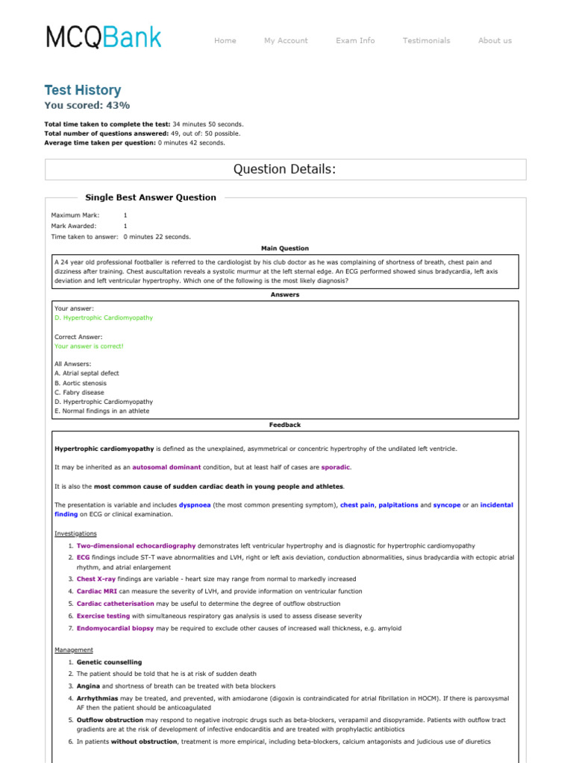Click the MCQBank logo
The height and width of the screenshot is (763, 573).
103,37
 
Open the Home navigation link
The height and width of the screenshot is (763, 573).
225,41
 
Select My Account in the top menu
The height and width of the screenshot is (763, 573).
286,41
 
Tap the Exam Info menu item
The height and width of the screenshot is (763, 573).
355,41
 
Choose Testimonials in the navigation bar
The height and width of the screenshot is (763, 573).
426,41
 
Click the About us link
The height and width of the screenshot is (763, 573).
495,41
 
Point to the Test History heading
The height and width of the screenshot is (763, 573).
83,90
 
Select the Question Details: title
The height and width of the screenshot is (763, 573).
285,169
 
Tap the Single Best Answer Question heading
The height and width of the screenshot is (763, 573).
151,197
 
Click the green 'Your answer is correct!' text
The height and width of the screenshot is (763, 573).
89,346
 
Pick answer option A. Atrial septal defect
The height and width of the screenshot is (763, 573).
87,373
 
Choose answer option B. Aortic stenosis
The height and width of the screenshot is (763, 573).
81,383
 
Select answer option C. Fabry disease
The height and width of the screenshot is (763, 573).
79,392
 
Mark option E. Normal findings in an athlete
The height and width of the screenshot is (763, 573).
101,411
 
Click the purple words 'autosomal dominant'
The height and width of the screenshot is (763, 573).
166,467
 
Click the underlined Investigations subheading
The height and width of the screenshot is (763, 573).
75,534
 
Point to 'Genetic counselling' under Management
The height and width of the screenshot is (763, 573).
109,662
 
